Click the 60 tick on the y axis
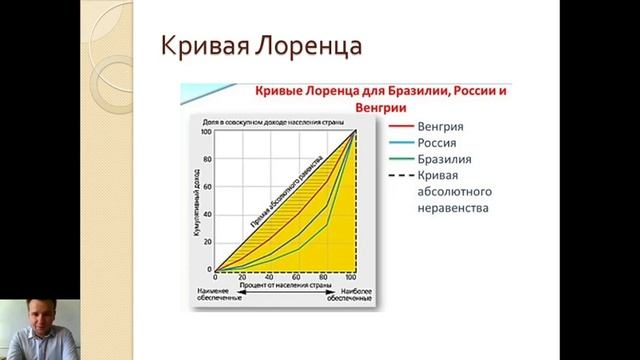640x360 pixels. [207, 187]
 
